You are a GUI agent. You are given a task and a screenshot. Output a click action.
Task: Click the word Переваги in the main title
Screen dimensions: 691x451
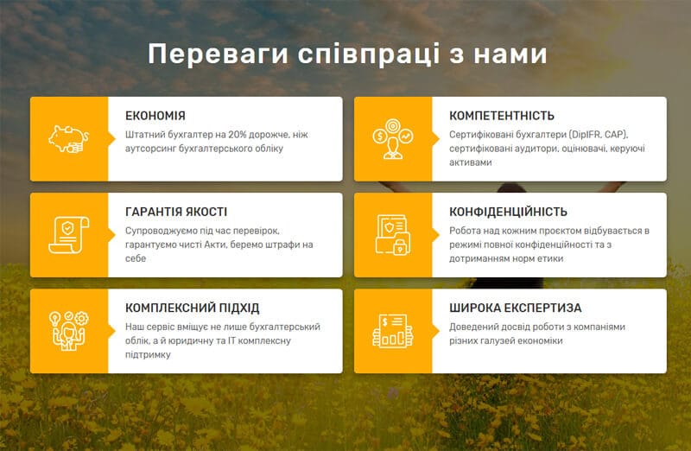218,54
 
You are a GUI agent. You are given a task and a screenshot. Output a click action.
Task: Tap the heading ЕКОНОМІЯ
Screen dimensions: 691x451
155,116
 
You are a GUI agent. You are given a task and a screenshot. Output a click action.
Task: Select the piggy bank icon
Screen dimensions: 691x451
69,139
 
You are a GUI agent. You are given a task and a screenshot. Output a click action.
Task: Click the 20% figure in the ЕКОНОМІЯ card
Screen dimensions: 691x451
237,135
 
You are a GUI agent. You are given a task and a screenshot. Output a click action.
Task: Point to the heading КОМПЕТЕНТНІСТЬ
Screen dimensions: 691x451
502,116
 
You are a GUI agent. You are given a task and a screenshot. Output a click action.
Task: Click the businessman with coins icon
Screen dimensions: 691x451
393,139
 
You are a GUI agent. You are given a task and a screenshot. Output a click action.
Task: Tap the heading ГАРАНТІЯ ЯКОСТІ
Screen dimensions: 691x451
176,212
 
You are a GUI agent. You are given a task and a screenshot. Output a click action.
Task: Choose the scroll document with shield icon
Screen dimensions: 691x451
69,235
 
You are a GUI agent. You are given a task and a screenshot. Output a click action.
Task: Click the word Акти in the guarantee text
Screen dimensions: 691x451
213,245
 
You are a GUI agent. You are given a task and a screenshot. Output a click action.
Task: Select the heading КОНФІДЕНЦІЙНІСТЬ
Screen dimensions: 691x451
508,212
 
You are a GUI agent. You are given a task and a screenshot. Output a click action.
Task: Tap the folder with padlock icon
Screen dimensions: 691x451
393,235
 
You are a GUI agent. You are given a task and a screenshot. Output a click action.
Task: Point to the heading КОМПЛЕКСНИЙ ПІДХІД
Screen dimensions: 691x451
192,308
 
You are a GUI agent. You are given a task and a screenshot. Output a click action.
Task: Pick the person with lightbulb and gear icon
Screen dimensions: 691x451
69,331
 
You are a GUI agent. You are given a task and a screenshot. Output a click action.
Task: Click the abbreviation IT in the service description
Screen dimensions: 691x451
231,340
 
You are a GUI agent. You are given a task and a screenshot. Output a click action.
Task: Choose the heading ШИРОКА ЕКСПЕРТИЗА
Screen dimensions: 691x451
515,308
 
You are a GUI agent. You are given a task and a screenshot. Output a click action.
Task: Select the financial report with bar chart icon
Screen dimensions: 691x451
393,331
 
